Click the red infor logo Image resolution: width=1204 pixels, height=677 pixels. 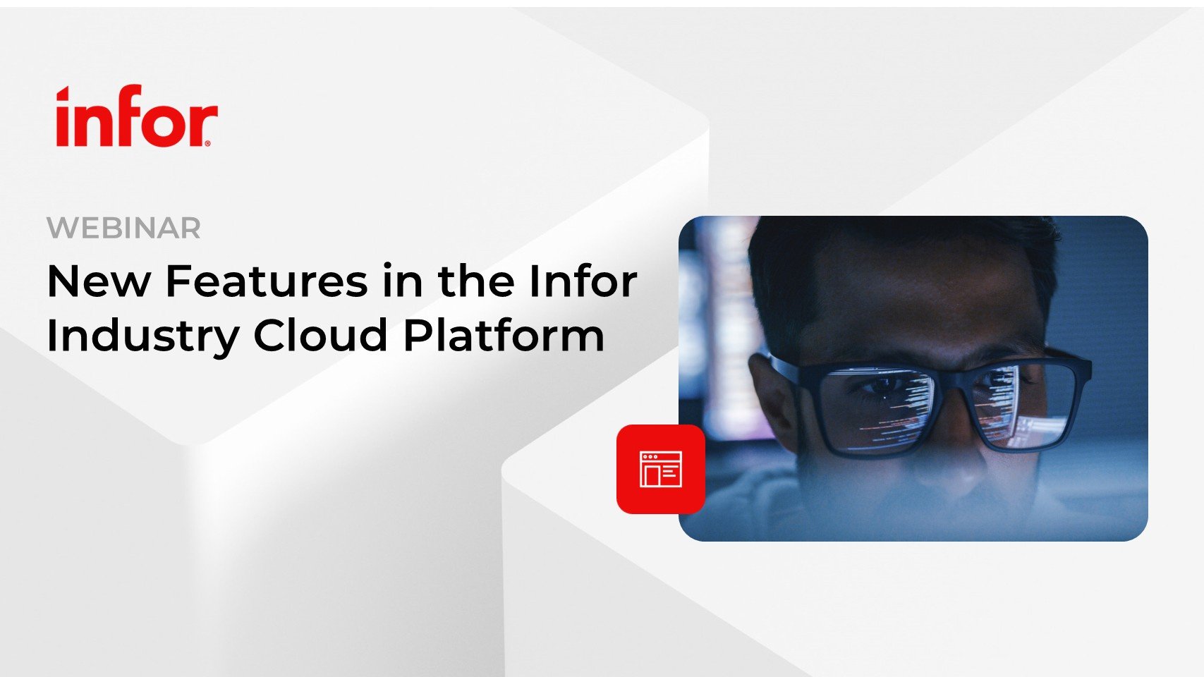point(137,116)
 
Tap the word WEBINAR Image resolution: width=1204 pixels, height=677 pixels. point(123,228)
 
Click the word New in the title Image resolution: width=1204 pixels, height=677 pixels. point(98,281)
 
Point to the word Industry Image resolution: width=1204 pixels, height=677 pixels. point(143,337)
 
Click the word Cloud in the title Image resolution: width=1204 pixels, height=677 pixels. point(320,335)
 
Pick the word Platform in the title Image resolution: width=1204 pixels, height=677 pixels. point(504,335)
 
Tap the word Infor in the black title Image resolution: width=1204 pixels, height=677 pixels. point(583,280)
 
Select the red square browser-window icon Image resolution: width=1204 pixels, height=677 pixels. point(661,469)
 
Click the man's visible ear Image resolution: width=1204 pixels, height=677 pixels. point(772,401)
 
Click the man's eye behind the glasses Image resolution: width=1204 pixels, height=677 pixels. point(882,388)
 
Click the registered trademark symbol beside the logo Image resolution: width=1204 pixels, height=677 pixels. point(208,143)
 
